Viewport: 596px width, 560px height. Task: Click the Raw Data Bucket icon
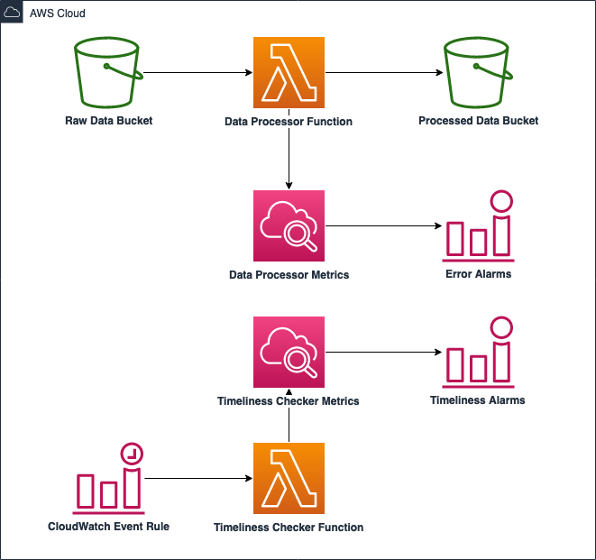(108, 72)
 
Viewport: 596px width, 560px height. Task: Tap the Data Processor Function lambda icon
(289, 72)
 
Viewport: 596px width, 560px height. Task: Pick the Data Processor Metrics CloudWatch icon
(289, 225)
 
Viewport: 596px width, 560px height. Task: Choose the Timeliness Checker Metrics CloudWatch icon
(289, 352)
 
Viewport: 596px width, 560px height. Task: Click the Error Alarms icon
(478, 225)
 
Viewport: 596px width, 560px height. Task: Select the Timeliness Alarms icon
(478, 352)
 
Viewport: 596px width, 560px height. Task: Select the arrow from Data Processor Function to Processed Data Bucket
(383, 72)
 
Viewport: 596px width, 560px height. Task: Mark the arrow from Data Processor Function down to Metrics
(289, 158)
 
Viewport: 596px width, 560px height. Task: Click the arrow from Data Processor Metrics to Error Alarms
(383, 225)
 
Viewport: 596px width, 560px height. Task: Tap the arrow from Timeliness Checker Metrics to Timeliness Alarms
(383, 352)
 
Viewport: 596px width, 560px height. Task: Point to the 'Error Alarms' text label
(478, 273)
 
